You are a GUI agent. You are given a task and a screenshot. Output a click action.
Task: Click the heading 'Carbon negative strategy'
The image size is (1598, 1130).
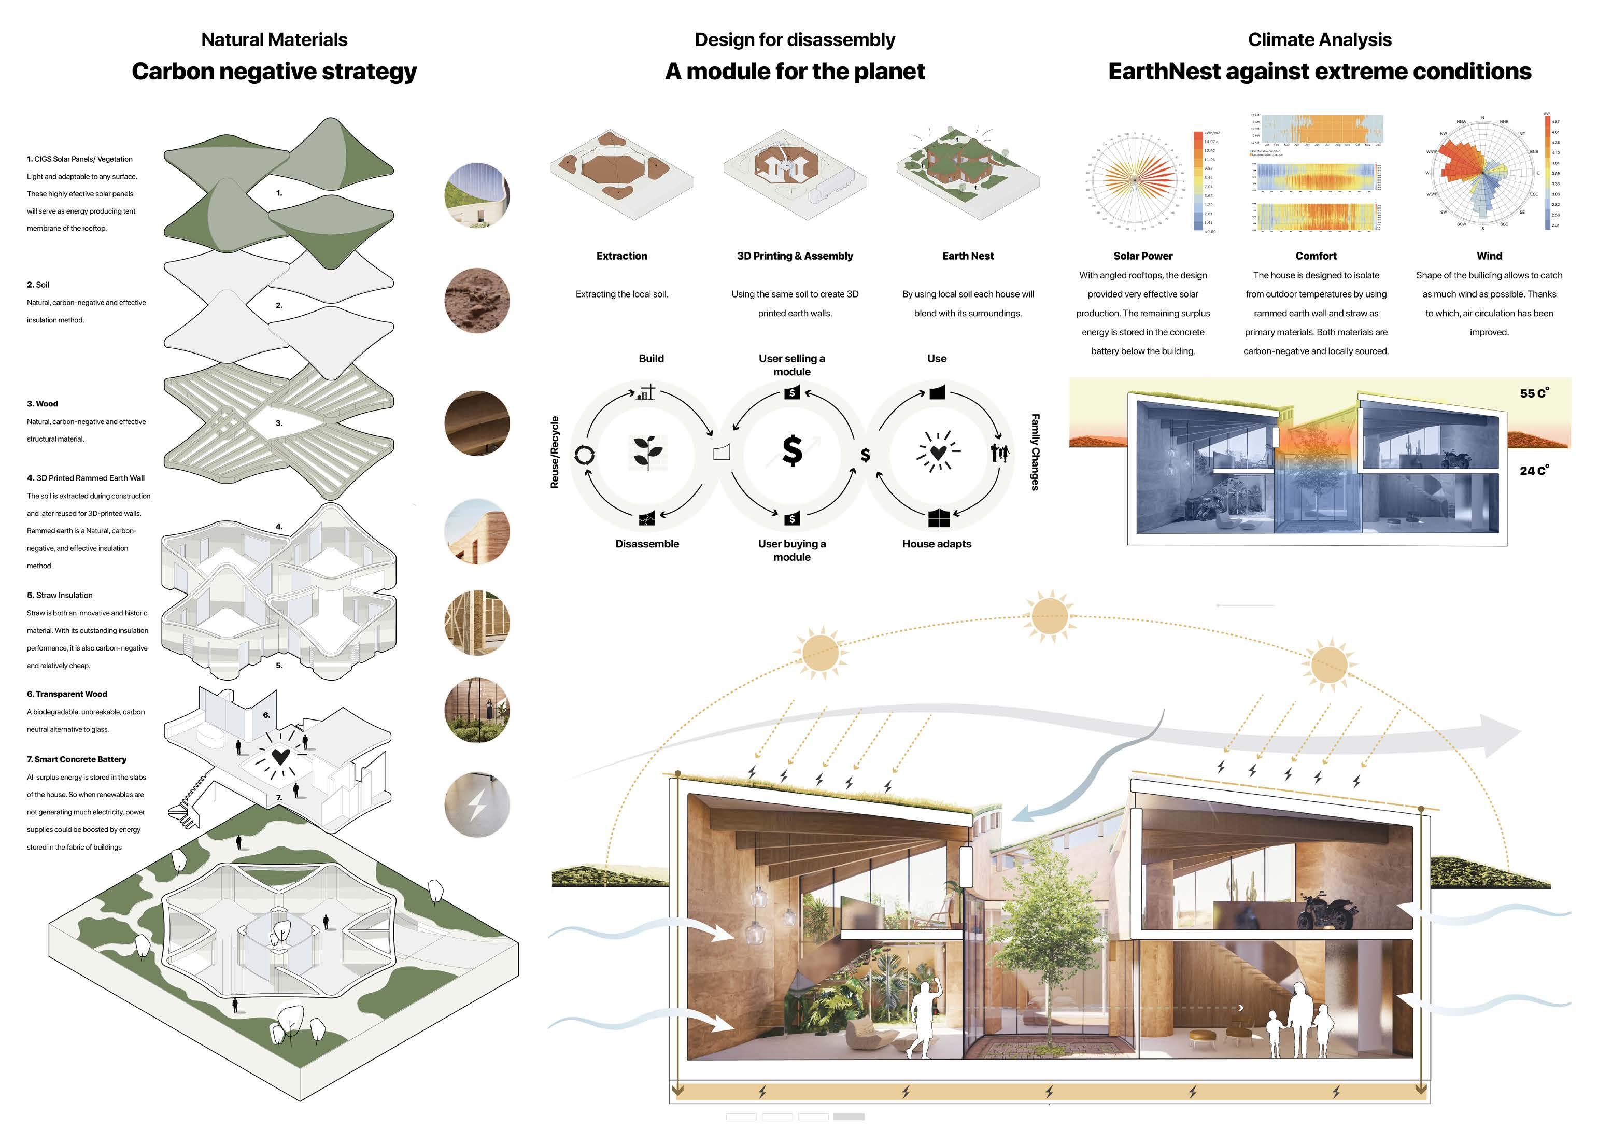pyautogui.click(x=274, y=71)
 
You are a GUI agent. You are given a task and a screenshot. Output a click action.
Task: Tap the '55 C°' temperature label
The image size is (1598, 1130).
pyautogui.click(x=1534, y=393)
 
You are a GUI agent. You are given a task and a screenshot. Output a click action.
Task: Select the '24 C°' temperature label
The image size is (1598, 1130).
pyautogui.click(x=1534, y=470)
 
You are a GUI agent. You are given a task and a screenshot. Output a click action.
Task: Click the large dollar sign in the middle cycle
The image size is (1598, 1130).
pyautogui.click(x=792, y=451)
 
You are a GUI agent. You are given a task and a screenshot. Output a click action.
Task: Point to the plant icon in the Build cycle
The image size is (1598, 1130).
pyautogui.click(x=648, y=453)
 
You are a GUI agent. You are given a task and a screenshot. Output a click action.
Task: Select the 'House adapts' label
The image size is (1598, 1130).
pyautogui.click(x=936, y=543)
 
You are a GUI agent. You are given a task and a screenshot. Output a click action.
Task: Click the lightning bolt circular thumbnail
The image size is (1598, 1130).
pyautogui.click(x=477, y=804)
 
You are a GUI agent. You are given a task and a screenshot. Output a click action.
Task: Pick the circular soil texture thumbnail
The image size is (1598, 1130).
pyautogui.click(x=477, y=301)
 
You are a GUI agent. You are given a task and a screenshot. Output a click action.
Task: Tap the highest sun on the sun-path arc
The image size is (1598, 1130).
pyautogui.click(x=1050, y=615)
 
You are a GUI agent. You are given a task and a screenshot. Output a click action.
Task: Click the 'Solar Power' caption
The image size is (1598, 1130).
pyautogui.click(x=1143, y=256)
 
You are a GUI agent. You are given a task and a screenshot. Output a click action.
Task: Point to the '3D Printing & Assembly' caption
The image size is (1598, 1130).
pyautogui.click(x=795, y=256)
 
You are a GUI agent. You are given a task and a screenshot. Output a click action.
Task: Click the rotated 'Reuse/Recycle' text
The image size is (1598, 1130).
pyautogui.click(x=555, y=453)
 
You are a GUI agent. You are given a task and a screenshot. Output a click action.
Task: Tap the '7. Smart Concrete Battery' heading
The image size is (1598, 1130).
pyautogui.click(x=77, y=759)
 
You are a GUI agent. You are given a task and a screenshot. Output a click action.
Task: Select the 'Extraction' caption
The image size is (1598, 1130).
pyautogui.click(x=621, y=256)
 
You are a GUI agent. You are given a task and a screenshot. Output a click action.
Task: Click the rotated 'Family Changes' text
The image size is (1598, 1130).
pyautogui.click(x=1035, y=453)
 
